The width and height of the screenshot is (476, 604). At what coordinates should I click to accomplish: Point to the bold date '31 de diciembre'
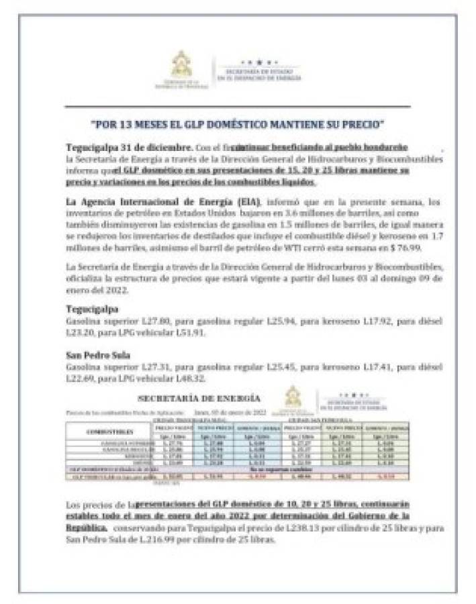160,146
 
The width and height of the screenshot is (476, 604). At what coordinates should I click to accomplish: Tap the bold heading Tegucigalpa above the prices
92,309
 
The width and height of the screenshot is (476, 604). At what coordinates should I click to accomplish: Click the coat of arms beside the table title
293,396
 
